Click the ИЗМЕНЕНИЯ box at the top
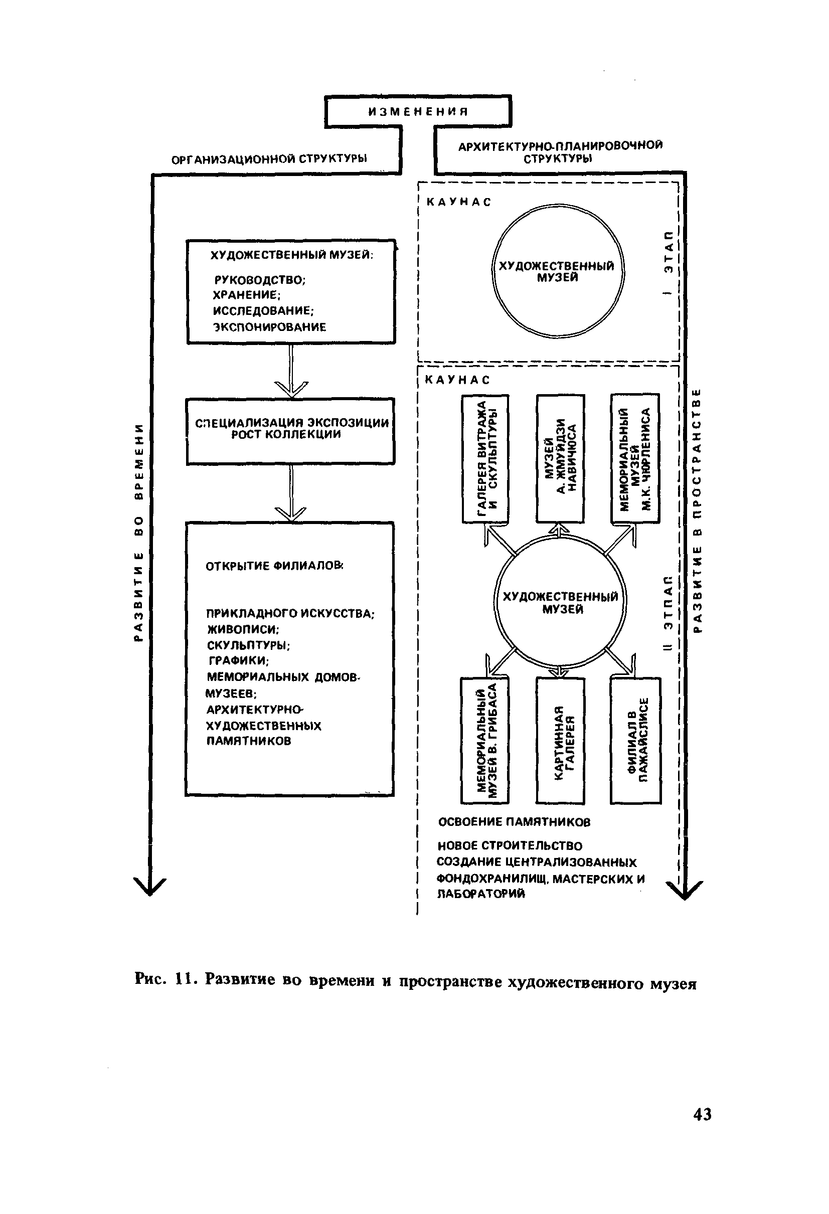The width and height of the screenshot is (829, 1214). [x=418, y=111]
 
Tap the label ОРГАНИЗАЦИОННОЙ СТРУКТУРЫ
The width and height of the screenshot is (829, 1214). [x=269, y=159]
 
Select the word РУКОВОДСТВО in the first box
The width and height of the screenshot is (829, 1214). [x=260, y=280]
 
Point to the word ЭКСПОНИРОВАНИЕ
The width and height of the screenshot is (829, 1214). [x=269, y=327]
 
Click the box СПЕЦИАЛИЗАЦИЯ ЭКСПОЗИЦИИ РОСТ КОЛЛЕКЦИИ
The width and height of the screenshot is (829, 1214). [x=291, y=431]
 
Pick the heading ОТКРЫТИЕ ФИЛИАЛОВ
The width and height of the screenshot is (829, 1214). [x=275, y=566]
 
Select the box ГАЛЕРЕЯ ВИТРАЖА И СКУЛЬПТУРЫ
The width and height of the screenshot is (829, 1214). [x=485, y=459]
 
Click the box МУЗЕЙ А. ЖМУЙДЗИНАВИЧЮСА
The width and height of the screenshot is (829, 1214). [x=560, y=459]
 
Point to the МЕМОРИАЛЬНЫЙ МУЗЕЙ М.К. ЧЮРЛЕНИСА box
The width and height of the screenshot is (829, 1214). [x=635, y=459]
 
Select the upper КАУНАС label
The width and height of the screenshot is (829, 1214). [x=459, y=202]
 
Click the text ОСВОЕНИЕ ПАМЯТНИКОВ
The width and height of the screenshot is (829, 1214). [x=514, y=822]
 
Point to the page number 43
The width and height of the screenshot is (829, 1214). [x=702, y=1115]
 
